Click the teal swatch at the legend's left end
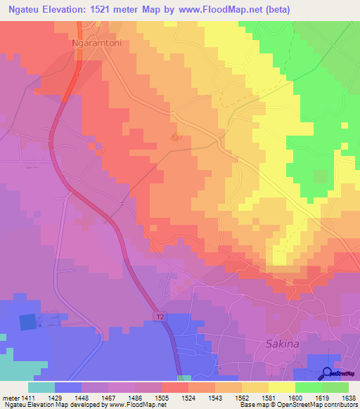pos(41,387)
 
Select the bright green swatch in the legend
pos(308,387)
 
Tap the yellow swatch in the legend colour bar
pos(281,387)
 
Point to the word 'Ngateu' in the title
pos(22,10)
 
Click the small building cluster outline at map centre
pos(176,138)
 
